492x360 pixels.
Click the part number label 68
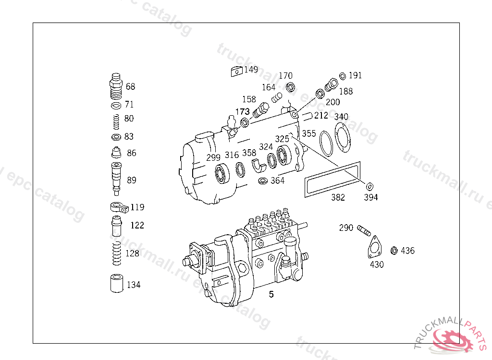point(130,86)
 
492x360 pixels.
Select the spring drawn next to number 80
point(116,121)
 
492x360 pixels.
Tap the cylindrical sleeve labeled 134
point(117,284)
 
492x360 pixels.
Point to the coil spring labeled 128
point(117,253)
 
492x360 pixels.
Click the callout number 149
point(251,69)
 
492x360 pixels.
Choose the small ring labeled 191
point(343,76)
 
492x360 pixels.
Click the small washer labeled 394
point(369,187)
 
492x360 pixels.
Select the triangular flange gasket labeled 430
point(374,248)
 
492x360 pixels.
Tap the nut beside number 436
point(394,251)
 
